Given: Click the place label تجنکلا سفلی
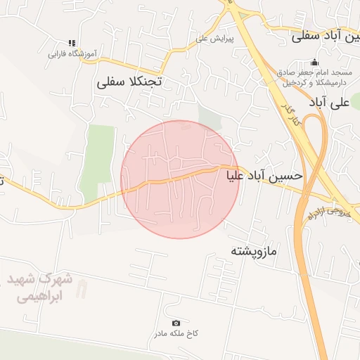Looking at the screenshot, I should [x=129, y=82].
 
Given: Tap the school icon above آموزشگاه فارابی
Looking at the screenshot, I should [x=71, y=44].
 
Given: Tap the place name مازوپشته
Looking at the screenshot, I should [x=255, y=250].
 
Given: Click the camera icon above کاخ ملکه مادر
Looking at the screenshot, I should [x=176, y=322].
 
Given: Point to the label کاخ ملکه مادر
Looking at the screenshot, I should [x=176, y=333].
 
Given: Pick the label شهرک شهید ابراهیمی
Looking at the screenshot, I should [x=41, y=288].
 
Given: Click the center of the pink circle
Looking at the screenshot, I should [x=180, y=179].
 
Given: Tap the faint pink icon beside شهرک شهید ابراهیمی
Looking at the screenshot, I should [x=83, y=288].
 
